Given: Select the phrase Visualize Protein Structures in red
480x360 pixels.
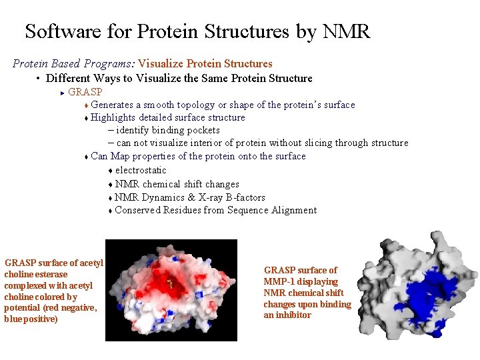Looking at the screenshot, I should point(205,64).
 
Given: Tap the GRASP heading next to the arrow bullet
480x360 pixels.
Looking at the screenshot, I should point(85,92).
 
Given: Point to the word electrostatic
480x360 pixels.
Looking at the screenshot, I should point(141,170).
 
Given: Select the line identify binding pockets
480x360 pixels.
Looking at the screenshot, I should point(167,130).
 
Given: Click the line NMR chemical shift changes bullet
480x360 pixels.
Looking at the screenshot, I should point(177,184).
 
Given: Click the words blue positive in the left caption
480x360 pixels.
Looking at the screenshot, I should point(31,319).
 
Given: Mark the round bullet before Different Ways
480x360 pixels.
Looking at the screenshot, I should point(39,79).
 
